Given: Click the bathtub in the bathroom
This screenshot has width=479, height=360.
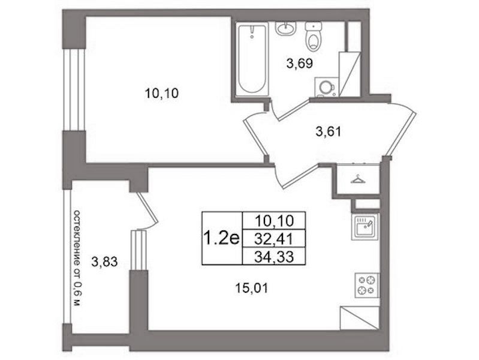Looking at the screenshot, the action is [252, 59].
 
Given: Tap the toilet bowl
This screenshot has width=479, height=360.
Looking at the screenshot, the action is [314, 37].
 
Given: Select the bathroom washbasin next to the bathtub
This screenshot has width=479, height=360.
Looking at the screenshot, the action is [285, 28].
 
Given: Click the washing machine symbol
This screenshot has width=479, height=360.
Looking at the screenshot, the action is [326, 87].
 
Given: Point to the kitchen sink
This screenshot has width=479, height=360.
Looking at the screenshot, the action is [365, 226].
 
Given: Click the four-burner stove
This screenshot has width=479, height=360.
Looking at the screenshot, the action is [366, 285].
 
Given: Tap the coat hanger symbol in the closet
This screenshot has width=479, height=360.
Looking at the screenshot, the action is [359, 179].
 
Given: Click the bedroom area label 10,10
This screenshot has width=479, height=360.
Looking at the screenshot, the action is [162, 93].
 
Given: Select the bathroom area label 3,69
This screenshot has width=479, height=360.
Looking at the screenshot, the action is [300, 64].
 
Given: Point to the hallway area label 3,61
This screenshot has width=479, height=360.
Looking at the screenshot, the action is [328, 132].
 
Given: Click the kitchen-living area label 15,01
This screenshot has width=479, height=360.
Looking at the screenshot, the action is [252, 288].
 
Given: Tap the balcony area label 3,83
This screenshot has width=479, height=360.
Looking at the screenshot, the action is [104, 262].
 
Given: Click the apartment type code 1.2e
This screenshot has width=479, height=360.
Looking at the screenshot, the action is [221, 238].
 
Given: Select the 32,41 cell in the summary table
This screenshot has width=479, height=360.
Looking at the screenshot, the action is [274, 238].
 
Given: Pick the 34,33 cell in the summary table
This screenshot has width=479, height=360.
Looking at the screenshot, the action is [274, 256].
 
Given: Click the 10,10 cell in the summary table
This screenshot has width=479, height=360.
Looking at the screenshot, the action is [274, 221].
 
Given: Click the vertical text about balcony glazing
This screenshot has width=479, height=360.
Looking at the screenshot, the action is [77, 259].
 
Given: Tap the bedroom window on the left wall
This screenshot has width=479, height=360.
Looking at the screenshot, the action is [74, 89].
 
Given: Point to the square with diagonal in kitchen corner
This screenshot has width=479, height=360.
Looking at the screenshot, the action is [360, 318].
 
